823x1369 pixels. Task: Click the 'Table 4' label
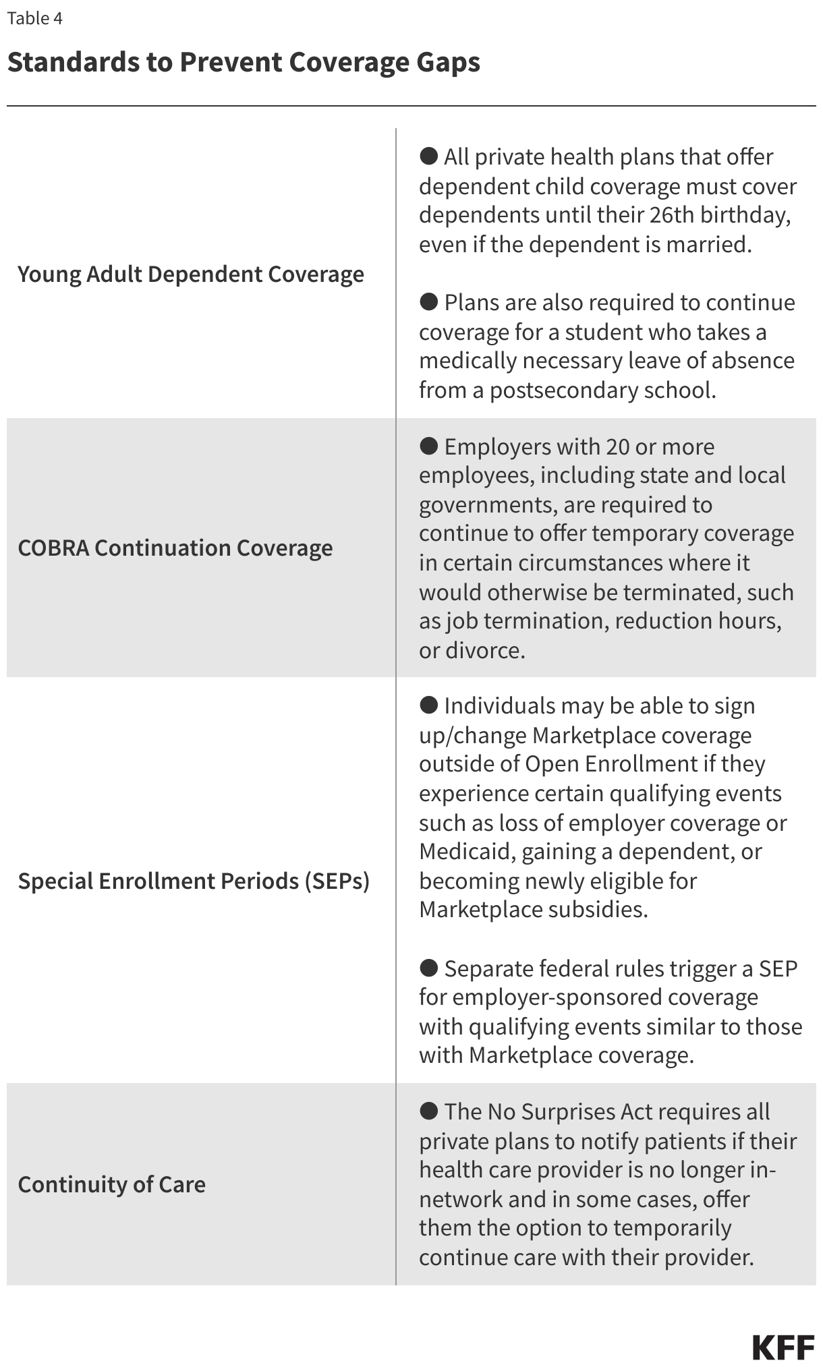[35, 18]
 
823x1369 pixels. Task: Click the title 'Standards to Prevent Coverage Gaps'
[244, 62]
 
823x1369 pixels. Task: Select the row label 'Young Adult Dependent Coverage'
[191, 274]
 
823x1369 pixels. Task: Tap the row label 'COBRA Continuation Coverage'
[175, 548]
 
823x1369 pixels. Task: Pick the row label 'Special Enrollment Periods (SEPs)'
[194, 881]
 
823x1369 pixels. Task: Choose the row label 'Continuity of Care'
[112, 1184]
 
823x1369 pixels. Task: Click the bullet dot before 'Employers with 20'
[429, 446]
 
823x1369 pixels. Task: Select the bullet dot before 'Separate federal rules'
[429, 968]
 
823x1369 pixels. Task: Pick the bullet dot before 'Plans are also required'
[429, 301]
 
